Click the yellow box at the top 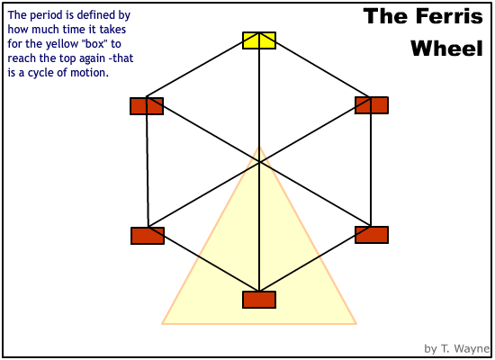pos(259,40)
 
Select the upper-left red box pos(147,106)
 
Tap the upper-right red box pos(372,105)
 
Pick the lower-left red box pos(148,236)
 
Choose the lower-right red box pos(372,235)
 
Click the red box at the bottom pos(259,300)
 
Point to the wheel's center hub pos(259,162)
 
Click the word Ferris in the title pos(449,16)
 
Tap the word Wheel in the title pos(446,49)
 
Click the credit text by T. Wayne pos(456,348)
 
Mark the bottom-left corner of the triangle pos(162,324)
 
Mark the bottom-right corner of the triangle pos(356,324)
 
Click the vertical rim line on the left pos(147,162)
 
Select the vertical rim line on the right pos(371,161)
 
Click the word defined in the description pos(95,14)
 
